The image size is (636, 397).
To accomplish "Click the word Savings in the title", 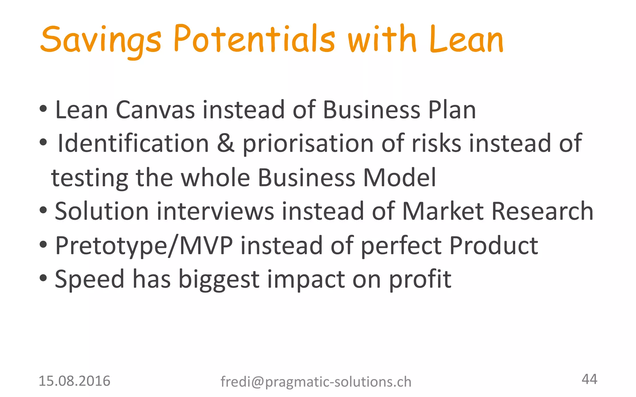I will click(x=101, y=40).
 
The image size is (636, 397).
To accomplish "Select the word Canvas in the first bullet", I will click(x=155, y=110).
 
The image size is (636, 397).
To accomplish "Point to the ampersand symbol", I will click(x=226, y=143).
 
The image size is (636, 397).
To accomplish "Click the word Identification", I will click(x=133, y=143).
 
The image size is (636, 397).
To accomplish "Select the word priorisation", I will click(x=308, y=144).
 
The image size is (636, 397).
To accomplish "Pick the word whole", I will click(x=215, y=177).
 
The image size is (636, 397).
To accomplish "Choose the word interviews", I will click(x=215, y=211).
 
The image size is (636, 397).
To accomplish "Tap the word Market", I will click(x=443, y=211).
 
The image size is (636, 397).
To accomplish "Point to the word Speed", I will click(x=89, y=279).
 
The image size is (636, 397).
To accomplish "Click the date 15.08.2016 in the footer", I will click(x=74, y=381).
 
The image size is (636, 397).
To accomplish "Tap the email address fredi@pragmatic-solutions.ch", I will click(x=316, y=382).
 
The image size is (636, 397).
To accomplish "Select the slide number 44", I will click(x=589, y=379).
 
